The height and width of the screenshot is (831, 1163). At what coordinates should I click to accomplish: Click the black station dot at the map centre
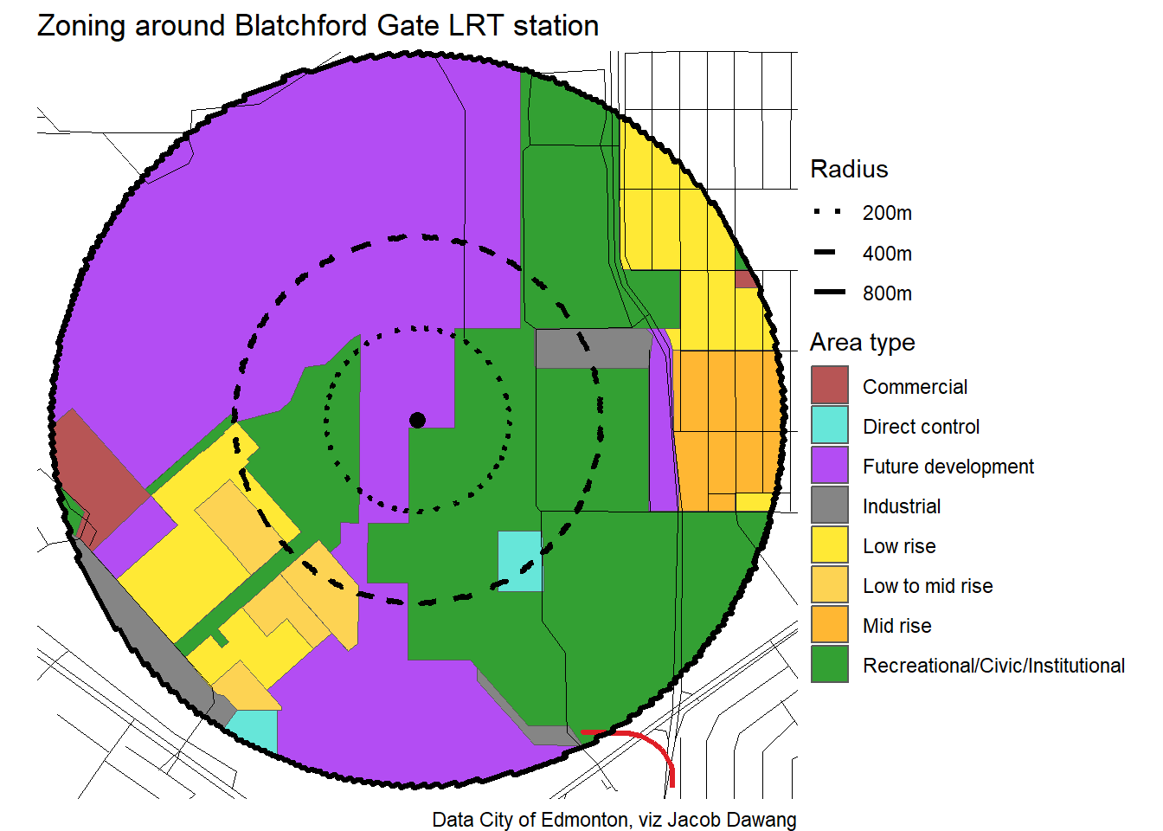click(417, 420)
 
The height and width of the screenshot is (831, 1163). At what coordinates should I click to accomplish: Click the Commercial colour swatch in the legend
click(829, 386)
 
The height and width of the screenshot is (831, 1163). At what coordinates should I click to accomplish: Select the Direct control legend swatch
click(829, 426)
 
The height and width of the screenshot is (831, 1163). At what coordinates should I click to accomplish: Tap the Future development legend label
click(948, 467)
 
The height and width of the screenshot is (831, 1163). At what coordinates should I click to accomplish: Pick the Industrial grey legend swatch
click(829, 506)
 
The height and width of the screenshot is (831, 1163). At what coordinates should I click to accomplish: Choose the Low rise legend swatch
click(829, 545)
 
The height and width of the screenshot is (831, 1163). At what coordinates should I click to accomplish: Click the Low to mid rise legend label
click(927, 586)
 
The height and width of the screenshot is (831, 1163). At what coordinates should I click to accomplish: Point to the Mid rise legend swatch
click(829, 625)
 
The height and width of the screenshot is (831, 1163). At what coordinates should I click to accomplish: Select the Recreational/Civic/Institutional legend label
click(993, 666)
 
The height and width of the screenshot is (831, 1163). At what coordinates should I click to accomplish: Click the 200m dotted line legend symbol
click(829, 212)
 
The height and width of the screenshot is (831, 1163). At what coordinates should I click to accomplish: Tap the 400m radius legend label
click(887, 254)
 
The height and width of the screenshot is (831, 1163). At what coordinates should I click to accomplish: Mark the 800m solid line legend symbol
click(829, 293)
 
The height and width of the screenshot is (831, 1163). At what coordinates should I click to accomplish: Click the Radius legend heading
click(849, 169)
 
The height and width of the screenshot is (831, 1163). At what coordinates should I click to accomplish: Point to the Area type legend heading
click(862, 343)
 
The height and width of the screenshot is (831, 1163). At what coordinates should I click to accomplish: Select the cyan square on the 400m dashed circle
click(519, 561)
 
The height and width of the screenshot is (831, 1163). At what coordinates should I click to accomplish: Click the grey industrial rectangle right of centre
click(593, 348)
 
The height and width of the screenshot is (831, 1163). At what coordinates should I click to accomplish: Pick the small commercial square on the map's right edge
click(746, 279)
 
